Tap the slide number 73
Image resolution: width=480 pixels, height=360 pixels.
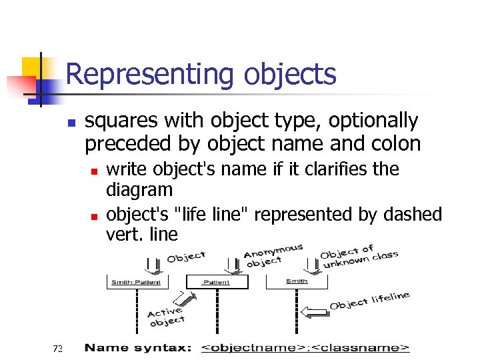tap(58, 348)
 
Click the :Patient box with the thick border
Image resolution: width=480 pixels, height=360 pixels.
tap(215, 282)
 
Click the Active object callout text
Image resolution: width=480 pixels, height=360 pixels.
tap(165, 316)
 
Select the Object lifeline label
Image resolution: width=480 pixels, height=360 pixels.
tap(369, 301)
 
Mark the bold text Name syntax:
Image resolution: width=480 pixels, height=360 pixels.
tap(138, 348)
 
